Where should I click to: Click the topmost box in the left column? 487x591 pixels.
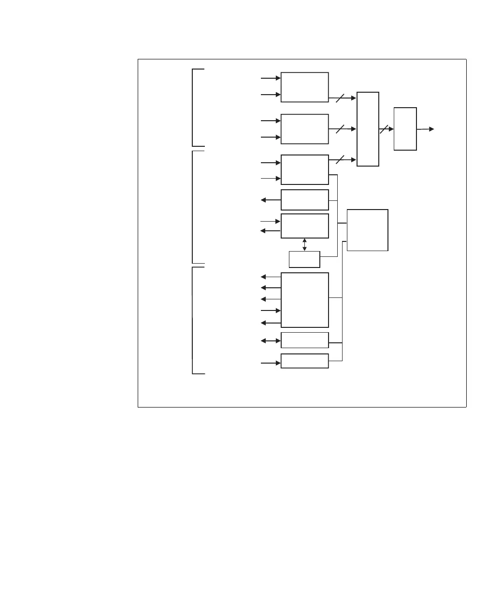[304, 87]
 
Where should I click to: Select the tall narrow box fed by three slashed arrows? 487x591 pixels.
[368, 129]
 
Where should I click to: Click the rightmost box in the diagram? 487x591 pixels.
[405, 129]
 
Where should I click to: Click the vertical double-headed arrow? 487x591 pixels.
[304, 244]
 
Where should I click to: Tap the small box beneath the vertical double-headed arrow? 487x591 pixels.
[304, 259]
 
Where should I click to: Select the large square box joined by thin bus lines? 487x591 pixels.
[367, 230]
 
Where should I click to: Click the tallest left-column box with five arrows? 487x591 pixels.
[304, 300]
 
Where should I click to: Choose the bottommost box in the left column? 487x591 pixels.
[304, 361]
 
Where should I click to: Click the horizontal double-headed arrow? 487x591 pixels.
[271, 340]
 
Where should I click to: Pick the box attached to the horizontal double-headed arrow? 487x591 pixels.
[304, 340]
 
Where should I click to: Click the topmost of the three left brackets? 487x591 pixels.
[193, 107]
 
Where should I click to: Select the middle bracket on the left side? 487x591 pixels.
[193, 207]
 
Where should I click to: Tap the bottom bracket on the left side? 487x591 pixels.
[193, 320]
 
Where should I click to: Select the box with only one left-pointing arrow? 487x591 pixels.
[304, 200]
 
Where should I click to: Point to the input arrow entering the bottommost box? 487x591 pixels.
[271, 363]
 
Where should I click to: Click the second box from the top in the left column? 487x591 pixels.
[304, 129]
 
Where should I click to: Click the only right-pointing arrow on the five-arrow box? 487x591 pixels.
[271, 310]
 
